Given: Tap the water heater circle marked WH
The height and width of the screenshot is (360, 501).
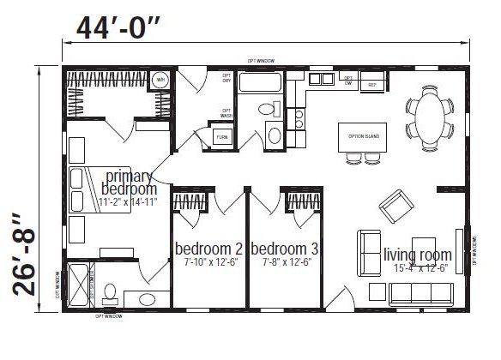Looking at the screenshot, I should [x=160, y=80].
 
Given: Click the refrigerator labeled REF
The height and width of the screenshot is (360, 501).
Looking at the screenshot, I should [x=372, y=84].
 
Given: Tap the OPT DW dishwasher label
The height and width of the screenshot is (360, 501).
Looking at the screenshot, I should [x=348, y=81].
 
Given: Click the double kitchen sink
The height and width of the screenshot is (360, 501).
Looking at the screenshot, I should [x=322, y=80].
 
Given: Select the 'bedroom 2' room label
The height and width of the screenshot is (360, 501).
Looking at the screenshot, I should [x=208, y=249].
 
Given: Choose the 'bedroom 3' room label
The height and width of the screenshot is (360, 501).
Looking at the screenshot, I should [x=285, y=249].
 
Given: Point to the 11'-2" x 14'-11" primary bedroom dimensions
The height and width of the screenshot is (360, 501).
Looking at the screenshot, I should [x=128, y=202].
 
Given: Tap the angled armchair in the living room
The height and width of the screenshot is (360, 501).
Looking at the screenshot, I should [x=396, y=205].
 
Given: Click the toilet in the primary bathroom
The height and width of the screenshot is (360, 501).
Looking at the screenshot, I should [x=109, y=294].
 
